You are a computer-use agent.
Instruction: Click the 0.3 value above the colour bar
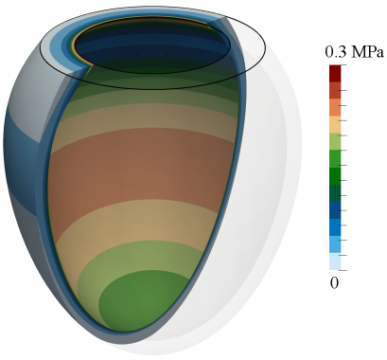coord(335,52)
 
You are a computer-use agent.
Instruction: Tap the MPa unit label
coord(367,52)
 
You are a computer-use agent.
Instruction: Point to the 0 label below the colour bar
coord(334,283)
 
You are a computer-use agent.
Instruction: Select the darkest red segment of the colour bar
coord(335,74)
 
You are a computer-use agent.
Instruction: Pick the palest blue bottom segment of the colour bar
coord(335,261)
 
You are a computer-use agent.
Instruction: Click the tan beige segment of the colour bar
coord(335,125)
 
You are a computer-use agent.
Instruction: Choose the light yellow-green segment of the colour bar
coord(335,142)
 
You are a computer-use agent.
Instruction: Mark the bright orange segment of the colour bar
coord(335,108)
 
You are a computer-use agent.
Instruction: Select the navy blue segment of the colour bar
coord(335,210)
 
